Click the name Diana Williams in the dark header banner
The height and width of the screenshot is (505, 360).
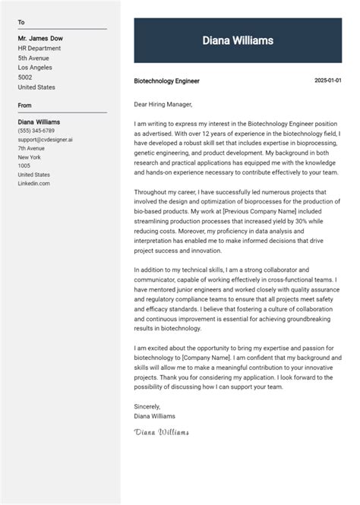(x=238, y=40)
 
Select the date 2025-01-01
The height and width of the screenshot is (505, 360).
(x=328, y=80)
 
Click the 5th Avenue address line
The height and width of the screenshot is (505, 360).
(x=33, y=58)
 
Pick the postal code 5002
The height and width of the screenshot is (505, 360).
(x=25, y=77)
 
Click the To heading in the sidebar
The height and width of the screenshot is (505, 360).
(x=21, y=23)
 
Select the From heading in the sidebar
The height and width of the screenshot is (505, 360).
(x=25, y=106)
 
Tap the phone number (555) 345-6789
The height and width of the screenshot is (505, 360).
(x=36, y=131)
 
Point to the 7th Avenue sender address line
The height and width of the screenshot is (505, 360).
(x=32, y=148)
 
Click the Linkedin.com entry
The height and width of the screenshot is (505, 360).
(x=33, y=183)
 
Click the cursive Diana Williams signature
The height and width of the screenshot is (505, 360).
(x=161, y=432)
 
